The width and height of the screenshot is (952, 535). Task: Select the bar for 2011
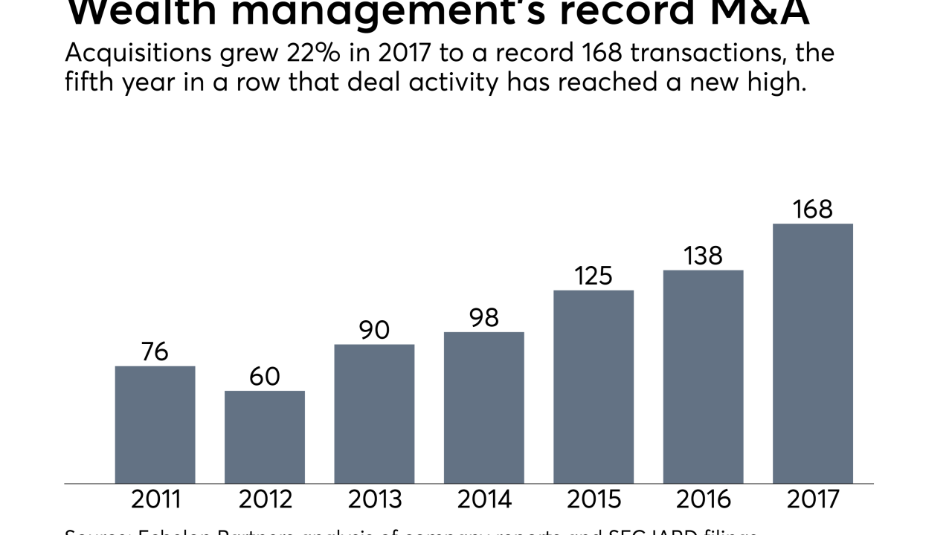(155, 424)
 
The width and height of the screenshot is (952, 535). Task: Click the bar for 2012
(265, 437)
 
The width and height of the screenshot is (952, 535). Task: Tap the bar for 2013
(374, 414)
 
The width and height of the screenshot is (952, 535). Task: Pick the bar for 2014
(484, 407)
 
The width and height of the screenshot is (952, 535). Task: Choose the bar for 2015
(594, 386)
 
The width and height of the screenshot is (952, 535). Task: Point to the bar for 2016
(703, 377)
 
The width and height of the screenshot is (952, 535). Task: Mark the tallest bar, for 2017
(813, 353)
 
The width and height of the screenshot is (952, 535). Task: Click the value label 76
(155, 351)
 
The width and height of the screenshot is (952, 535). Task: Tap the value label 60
(265, 377)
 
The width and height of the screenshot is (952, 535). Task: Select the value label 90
(374, 330)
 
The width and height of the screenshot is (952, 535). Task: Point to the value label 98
(484, 317)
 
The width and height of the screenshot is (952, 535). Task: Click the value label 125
(594, 276)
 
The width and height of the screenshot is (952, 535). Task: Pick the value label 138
(703, 256)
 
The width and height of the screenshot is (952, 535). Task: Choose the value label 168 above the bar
(813, 210)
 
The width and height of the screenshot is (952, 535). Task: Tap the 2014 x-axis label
(484, 499)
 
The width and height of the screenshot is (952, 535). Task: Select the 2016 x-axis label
(703, 499)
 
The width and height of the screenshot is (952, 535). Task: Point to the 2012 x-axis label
(265, 499)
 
